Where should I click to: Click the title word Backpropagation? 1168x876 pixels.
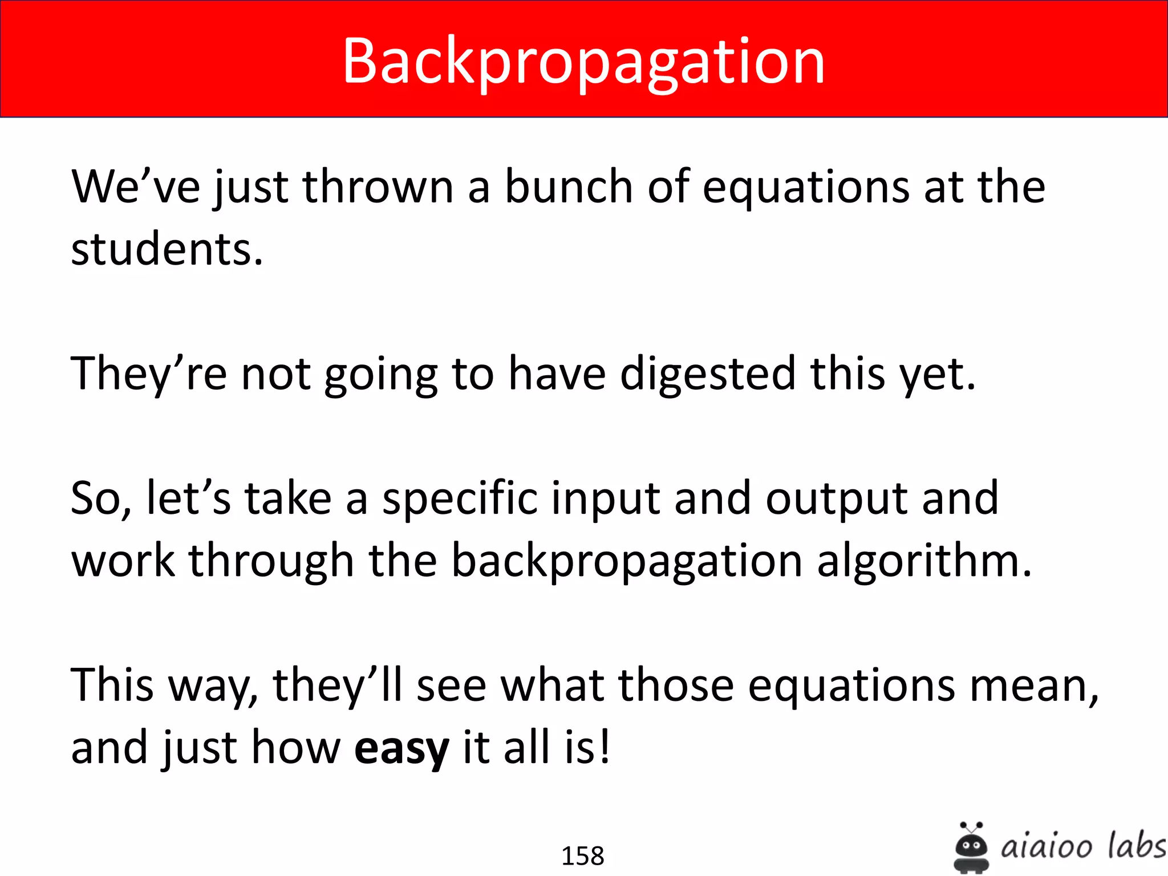point(583,62)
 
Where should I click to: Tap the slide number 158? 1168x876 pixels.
point(583,855)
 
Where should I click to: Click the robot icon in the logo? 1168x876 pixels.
point(971,848)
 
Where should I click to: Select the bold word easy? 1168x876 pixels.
point(401,748)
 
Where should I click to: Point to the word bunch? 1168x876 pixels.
point(569,187)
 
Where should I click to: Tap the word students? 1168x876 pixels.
point(167,250)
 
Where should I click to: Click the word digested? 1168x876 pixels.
point(707,374)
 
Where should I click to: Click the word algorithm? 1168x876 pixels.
point(924,561)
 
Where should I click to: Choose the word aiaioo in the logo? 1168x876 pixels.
point(1046,846)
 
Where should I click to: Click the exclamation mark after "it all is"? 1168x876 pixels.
point(605,747)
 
